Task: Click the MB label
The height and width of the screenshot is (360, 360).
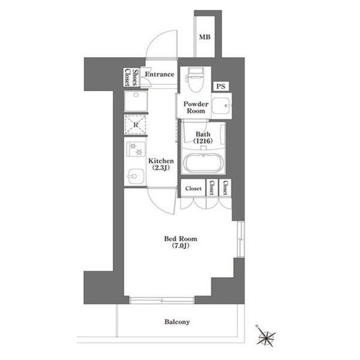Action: [205, 37]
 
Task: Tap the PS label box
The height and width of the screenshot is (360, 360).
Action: [221, 86]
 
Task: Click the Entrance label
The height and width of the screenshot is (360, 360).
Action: [160, 74]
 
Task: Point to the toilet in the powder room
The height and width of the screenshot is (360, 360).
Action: [195, 80]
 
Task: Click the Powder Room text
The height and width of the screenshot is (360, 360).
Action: [196, 107]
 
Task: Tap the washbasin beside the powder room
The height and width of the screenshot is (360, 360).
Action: [221, 106]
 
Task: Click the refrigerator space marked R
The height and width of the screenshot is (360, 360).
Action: [136, 125]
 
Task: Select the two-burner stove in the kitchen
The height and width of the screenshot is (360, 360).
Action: [136, 149]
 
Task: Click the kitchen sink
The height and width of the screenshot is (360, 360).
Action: [136, 176]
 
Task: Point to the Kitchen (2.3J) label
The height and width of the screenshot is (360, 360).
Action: [161, 164]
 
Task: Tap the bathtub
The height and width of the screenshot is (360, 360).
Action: [203, 163]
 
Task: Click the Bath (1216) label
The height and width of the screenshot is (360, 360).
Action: [203, 137]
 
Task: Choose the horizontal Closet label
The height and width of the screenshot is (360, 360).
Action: [193, 188]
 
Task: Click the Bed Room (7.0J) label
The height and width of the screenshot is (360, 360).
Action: [181, 242]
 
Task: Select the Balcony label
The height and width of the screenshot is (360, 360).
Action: [177, 322]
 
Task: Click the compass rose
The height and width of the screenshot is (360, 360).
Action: [266, 336]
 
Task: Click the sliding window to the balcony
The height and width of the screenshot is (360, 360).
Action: [162, 301]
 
